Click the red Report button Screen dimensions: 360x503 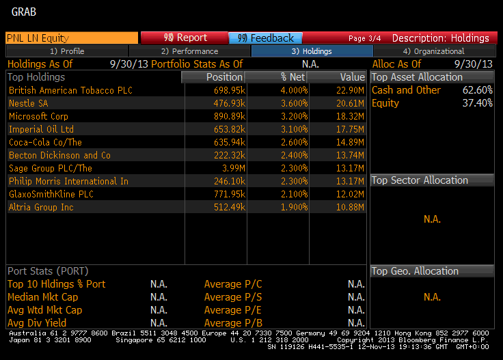[x=184, y=38]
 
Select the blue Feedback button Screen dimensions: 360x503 [x=266, y=38]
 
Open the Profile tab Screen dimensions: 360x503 [x=67, y=51]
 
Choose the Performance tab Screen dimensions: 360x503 [x=189, y=51]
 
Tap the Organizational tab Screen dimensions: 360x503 [x=433, y=51]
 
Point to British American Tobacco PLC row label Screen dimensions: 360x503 [x=70, y=90]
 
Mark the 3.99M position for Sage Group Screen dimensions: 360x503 [x=233, y=168]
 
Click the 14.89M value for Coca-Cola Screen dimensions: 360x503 [x=349, y=142]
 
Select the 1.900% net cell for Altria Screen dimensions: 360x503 [x=290, y=207]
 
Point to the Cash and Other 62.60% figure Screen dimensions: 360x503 [x=478, y=90]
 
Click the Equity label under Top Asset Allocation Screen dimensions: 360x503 [x=385, y=103]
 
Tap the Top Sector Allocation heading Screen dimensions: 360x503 [x=420, y=180]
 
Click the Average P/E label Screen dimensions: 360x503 [x=233, y=310]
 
